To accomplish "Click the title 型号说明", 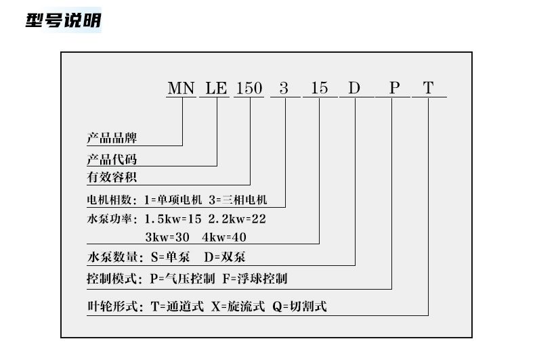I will pyautogui.click(x=63, y=20).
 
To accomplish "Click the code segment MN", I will pyautogui.click(x=181, y=88).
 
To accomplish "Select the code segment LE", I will pyautogui.click(x=217, y=88).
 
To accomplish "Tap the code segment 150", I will pyautogui.click(x=249, y=88).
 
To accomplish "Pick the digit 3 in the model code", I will pyautogui.click(x=284, y=88).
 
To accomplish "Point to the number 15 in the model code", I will pyautogui.click(x=320, y=88).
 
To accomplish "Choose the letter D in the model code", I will pyautogui.click(x=355, y=88).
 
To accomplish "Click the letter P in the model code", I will pyautogui.click(x=393, y=88).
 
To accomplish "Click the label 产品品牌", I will pyautogui.click(x=112, y=138).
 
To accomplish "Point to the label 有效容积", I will pyautogui.click(x=112, y=178).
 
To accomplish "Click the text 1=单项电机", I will pyautogui.click(x=173, y=200).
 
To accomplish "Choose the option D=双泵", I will pyautogui.click(x=226, y=257).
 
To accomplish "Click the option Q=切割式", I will pyautogui.click(x=299, y=307).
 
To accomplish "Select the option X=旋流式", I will pyautogui.click(x=238, y=307).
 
